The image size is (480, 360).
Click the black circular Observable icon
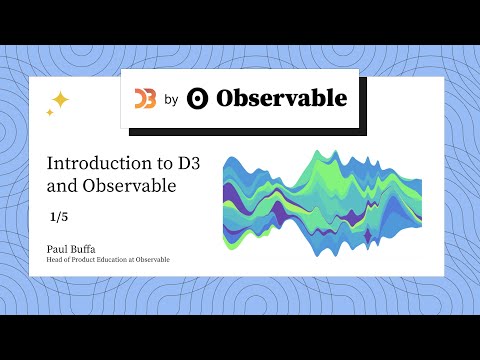(x=198, y=98)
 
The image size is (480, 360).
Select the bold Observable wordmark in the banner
(x=281, y=98)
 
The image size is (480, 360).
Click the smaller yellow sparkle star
(x=50, y=113)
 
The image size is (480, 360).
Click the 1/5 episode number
(x=61, y=216)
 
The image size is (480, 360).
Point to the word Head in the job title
(x=55, y=259)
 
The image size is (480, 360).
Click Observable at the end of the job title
(x=154, y=259)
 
